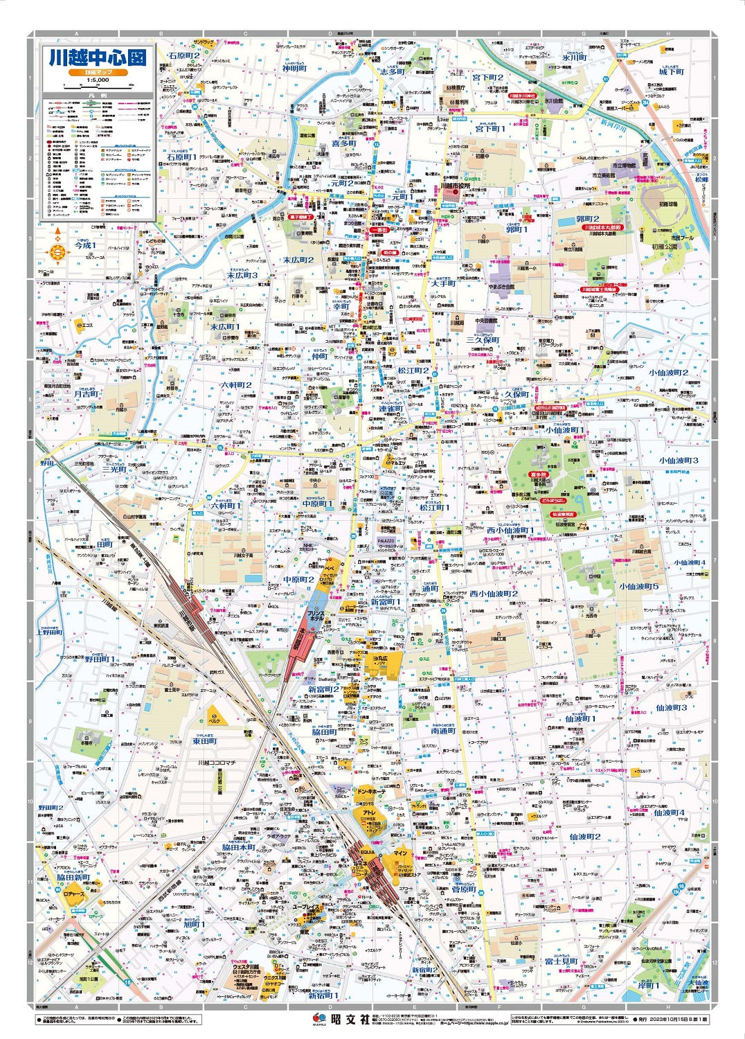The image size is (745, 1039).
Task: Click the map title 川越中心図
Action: coord(98,58)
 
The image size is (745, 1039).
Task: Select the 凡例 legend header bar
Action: coord(98,96)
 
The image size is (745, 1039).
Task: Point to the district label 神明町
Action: coord(294,69)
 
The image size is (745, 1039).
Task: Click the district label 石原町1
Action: coord(181,158)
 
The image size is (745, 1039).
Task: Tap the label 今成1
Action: coord(86,245)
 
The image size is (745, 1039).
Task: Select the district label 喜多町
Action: coord(343,144)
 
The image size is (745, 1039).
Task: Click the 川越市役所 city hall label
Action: coord(455,186)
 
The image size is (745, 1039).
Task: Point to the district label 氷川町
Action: coord(575,58)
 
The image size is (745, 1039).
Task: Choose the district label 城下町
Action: coord(671,72)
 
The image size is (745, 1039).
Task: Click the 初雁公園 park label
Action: coord(664,247)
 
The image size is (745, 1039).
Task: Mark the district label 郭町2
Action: coord(588,219)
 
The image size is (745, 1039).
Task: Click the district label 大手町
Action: coord(443,283)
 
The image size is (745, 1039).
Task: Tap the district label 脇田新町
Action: coord(73,877)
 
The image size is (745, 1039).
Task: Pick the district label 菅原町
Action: coord(464,889)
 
